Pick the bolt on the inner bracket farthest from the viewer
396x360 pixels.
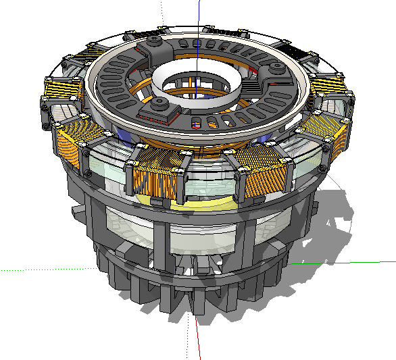155,43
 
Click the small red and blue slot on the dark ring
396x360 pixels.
196,124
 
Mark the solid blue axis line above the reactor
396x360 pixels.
199,17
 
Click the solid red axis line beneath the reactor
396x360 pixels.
198,338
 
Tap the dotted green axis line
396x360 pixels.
41,269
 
